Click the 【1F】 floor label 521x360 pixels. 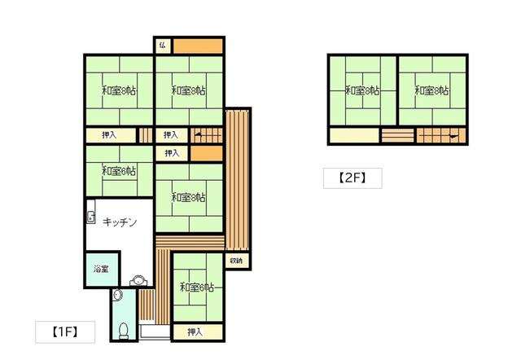(65, 331)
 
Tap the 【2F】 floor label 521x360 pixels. (352, 178)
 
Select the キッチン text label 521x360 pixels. (120, 222)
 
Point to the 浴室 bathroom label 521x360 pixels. (101, 269)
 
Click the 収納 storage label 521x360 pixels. (236, 261)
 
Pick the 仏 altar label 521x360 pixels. (163, 46)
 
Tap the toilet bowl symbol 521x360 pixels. (124, 331)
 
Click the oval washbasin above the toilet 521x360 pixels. (117, 295)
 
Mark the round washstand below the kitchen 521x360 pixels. (138, 281)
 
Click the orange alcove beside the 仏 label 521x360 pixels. (198, 46)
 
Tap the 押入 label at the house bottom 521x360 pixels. (195, 332)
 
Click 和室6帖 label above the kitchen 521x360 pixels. (119, 172)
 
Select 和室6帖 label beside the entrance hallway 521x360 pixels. (197, 288)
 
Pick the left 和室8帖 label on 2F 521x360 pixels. (362, 90)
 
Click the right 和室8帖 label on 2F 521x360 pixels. (432, 90)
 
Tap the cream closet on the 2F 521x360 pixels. (354, 135)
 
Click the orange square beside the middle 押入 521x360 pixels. (206, 154)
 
